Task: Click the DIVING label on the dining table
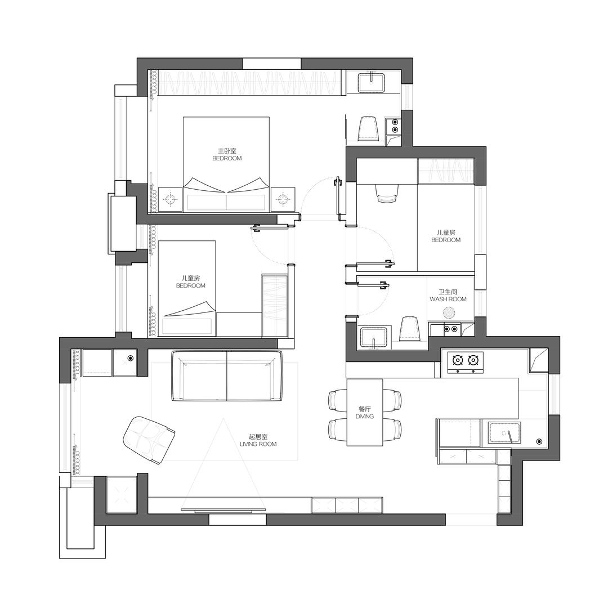pos(364,417)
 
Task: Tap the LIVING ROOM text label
pos(258,444)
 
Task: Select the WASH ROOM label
pos(448,299)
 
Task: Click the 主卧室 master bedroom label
pos(227,151)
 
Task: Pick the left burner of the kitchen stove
pos(458,361)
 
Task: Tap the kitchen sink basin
pos(504,433)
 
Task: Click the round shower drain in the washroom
pos(449,312)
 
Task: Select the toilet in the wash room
pos(410,329)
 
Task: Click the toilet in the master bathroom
pos(368,128)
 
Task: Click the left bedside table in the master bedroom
pos(170,199)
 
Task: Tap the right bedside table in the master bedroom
pos(283,199)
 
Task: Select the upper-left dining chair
pos(338,400)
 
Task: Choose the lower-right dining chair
pos(392,429)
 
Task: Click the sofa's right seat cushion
pos(253,375)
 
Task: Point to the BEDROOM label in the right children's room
pos(446,240)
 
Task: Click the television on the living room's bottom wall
pos(223,510)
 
